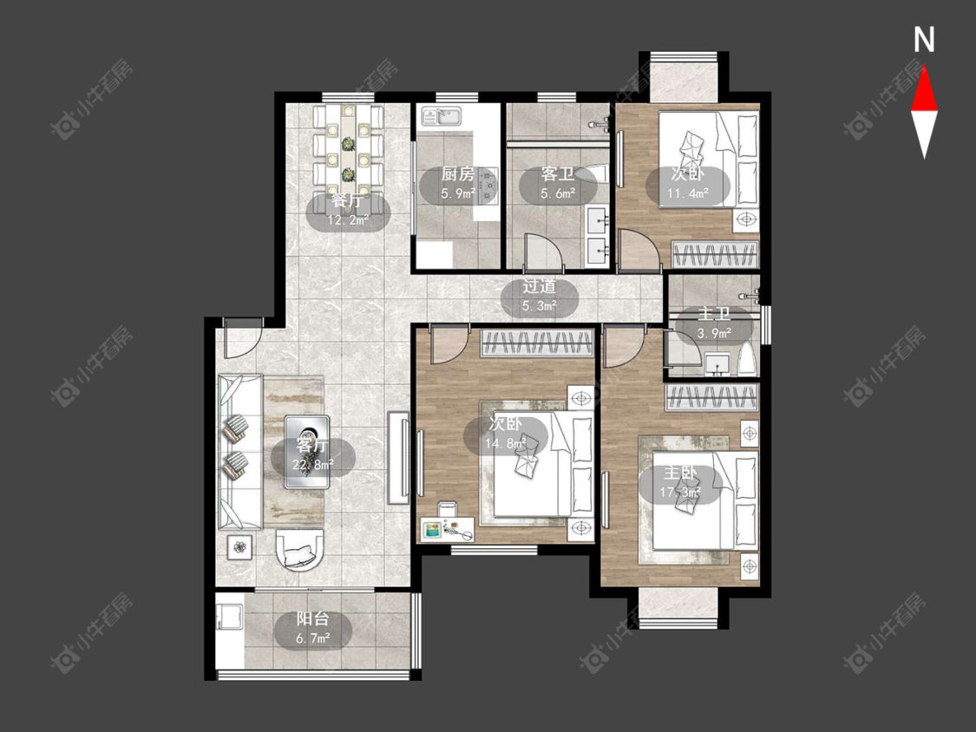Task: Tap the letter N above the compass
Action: click(924, 40)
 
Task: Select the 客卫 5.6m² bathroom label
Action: click(557, 184)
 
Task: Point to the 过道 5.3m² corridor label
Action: click(539, 296)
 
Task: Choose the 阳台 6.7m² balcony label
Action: click(312, 627)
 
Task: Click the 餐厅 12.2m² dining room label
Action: click(347, 210)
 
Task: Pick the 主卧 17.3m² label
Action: click(680, 483)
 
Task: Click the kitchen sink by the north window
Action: click(441, 116)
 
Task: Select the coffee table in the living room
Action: click(307, 452)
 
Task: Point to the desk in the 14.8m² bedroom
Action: click(447, 529)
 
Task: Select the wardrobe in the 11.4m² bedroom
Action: click(715, 255)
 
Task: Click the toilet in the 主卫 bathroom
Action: click(747, 359)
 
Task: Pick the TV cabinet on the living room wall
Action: click(397, 456)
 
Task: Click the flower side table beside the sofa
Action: click(239, 547)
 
